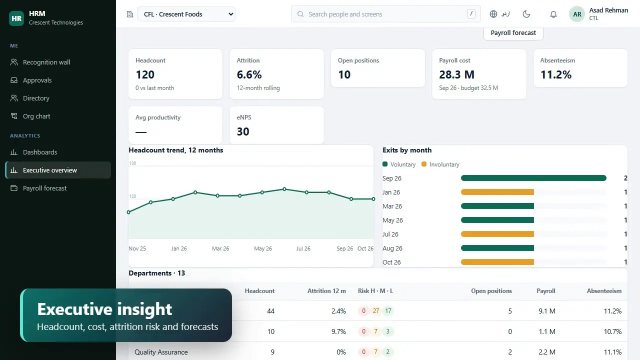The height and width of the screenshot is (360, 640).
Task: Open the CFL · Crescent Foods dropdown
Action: pyautogui.click(x=186, y=14)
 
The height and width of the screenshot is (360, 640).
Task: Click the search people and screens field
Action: pyautogui.click(x=385, y=14)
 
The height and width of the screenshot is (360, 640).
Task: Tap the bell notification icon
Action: pyautogui.click(x=553, y=14)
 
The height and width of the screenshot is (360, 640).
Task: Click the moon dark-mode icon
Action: pyautogui.click(x=526, y=14)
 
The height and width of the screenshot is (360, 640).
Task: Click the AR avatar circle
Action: pyautogui.click(x=577, y=14)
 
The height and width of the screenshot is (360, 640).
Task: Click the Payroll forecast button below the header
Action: pyautogui.click(x=513, y=33)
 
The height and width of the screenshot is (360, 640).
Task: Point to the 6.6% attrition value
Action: pyautogui.click(x=249, y=74)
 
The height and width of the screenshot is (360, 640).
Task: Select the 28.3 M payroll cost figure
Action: pyautogui.click(x=456, y=74)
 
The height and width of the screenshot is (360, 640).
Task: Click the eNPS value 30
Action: pyautogui.click(x=243, y=131)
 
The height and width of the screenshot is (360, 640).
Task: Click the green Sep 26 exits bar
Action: pyautogui.click(x=533, y=178)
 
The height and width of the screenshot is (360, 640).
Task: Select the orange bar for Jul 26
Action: pyautogui.click(x=497, y=234)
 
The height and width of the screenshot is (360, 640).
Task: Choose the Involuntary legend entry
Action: pyautogui.click(x=440, y=164)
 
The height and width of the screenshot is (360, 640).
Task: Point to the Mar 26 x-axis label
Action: pyautogui.click(x=220, y=248)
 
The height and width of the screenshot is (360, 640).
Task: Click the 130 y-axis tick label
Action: pyautogui.click(x=132, y=163)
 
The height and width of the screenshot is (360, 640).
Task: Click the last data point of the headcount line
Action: pyautogui.click(x=373, y=199)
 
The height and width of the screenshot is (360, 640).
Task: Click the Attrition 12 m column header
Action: pyautogui.click(x=326, y=291)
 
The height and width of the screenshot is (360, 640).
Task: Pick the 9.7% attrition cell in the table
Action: pyautogui.click(x=338, y=331)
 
